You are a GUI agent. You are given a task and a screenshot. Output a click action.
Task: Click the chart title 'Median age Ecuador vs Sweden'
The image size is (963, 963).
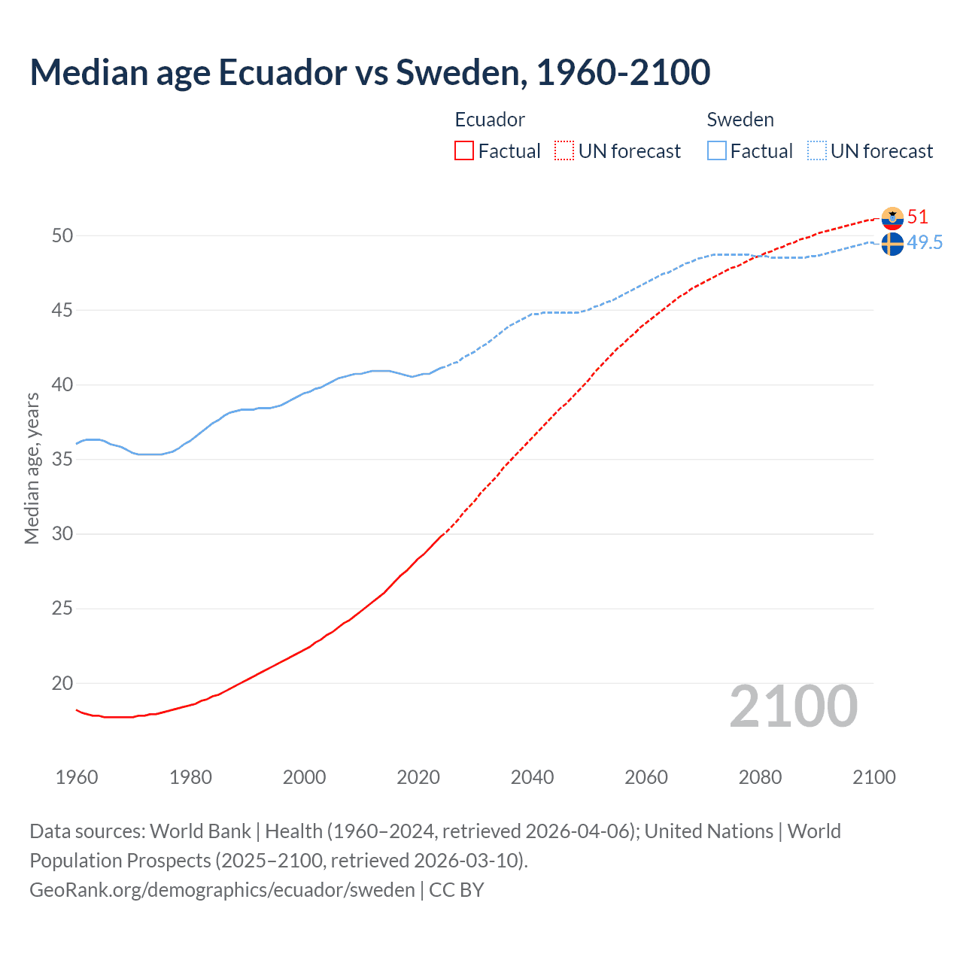[369, 72]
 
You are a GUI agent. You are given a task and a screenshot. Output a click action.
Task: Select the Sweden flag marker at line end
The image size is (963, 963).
[892, 244]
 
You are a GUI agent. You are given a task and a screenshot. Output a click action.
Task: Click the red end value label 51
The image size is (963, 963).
[918, 217]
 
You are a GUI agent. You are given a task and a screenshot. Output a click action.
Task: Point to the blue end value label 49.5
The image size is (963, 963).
[925, 242]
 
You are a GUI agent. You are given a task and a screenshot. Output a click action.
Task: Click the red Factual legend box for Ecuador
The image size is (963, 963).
[464, 151]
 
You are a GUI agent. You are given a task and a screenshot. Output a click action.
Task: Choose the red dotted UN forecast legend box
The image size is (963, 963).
[564, 151]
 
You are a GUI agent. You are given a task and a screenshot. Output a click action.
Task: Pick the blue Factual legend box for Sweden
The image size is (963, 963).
[717, 151]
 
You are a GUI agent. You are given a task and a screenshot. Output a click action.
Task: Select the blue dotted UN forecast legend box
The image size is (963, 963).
[817, 151]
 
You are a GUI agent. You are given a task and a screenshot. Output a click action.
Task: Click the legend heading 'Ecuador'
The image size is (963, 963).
[490, 120]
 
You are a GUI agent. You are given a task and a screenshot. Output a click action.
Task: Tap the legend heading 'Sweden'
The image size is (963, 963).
[740, 120]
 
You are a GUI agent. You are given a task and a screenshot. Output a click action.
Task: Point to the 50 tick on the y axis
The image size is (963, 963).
[62, 235]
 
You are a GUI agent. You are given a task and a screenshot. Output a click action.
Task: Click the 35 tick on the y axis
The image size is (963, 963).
[62, 459]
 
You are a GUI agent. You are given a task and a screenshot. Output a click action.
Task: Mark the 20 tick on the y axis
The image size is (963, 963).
[62, 683]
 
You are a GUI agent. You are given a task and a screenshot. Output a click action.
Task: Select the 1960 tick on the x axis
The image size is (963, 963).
[77, 777]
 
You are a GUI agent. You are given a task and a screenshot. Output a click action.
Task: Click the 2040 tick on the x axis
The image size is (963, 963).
[532, 777]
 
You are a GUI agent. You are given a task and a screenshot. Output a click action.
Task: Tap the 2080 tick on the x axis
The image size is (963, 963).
[760, 777]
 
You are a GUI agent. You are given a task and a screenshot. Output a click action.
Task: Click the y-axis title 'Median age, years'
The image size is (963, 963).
[32, 468]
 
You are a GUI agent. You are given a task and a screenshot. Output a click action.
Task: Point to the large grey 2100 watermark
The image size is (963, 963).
[793, 706]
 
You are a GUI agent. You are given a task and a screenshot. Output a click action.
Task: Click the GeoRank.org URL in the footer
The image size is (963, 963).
[222, 890]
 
